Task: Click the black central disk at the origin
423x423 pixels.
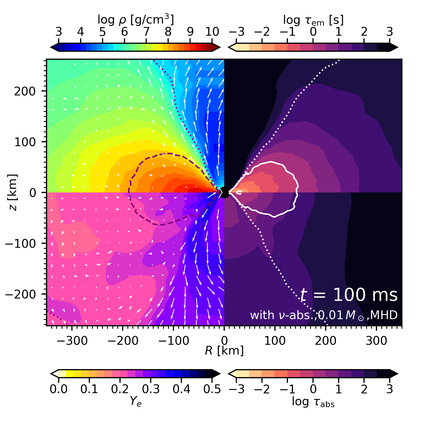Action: point(224,192)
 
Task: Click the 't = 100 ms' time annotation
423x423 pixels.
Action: point(349,295)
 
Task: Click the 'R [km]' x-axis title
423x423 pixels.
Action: point(224,351)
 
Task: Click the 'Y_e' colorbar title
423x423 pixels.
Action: point(136,402)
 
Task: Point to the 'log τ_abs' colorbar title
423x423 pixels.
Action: point(313,402)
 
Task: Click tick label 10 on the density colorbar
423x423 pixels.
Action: point(212,32)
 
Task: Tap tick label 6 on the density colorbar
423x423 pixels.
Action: point(124,32)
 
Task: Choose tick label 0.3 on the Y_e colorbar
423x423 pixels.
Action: point(151,389)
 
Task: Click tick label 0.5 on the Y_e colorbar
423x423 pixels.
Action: point(212,389)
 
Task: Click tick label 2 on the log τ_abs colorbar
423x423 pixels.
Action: point(364,389)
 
